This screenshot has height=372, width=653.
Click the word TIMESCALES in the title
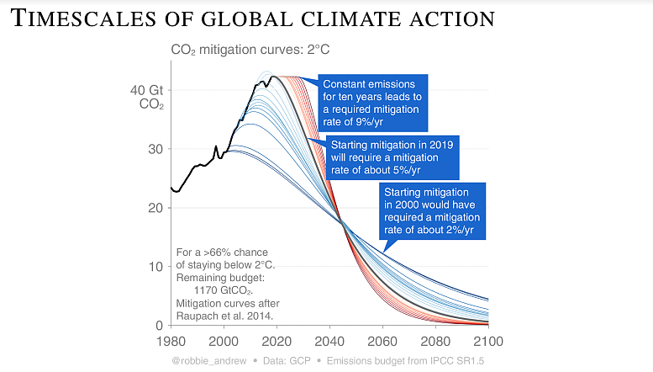point(83,19)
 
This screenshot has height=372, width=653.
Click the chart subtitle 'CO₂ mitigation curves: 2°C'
point(250,50)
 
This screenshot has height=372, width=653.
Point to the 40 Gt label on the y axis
point(146,90)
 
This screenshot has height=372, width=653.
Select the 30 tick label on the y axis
point(155,149)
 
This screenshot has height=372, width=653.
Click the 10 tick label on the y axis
point(155,267)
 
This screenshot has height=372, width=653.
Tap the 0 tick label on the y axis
point(159,326)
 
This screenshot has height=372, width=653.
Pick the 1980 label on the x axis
point(171,342)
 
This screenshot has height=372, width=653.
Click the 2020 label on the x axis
point(276,342)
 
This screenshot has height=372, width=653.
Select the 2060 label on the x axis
point(382,342)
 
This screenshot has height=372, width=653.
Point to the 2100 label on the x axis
point(488,342)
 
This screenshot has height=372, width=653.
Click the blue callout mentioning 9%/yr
point(373,103)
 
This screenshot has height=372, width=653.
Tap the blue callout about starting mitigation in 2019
point(392,157)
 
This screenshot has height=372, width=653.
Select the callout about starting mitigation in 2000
point(432,211)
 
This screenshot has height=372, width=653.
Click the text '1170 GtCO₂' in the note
point(224,290)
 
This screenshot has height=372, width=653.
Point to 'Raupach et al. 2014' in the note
point(225,316)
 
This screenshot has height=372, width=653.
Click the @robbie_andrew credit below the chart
point(209,361)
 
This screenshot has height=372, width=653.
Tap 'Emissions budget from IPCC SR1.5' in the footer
point(405,361)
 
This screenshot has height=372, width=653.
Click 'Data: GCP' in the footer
point(287,361)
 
